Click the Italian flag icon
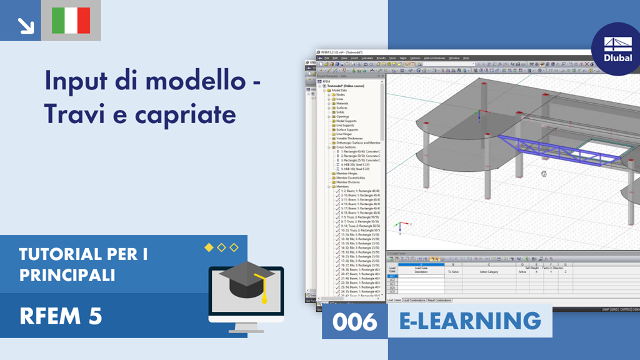(x=71, y=20)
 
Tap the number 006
(x=354, y=322)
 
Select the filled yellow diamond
(x=209, y=247)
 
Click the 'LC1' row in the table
(x=392, y=276)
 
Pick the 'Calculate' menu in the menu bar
(x=367, y=58)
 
